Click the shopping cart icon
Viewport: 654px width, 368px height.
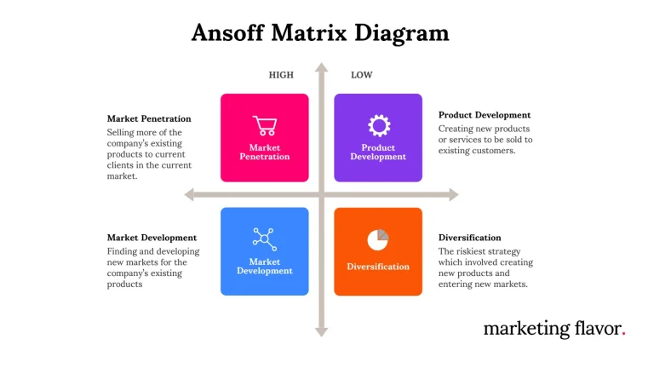click(265, 125)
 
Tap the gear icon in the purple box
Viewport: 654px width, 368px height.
click(379, 125)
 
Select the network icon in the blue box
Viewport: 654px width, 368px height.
click(265, 239)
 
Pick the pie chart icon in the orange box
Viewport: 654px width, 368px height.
click(378, 240)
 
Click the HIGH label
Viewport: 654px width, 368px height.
click(281, 75)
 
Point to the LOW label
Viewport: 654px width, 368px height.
click(362, 75)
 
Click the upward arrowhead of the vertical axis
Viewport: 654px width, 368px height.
click(321, 67)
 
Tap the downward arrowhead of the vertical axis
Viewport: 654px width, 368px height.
click(321, 332)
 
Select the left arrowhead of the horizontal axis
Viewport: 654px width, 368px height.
click(189, 194)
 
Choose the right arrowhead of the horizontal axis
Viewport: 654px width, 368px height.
click(453, 194)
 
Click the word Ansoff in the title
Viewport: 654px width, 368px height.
click(227, 32)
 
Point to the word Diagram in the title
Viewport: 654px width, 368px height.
click(402, 33)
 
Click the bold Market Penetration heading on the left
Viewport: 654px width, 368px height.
click(149, 119)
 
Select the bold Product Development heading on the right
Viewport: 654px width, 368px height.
click(485, 115)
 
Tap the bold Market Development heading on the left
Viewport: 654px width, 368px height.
click(152, 238)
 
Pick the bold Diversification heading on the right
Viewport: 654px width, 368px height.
click(470, 238)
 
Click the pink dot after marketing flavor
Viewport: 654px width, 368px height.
click(623, 333)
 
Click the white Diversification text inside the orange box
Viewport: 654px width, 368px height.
click(378, 267)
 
